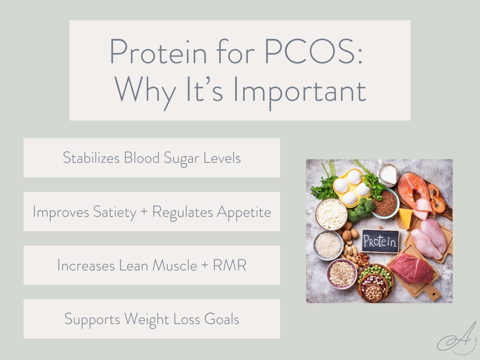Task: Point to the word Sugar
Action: click(x=182, y=158)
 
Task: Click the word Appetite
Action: click(x=244, y=212)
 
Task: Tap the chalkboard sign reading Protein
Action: click(x=380, y=241)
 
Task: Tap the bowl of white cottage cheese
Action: click(x=331, y=214)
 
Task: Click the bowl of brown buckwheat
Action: click(x=385, y=203)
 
